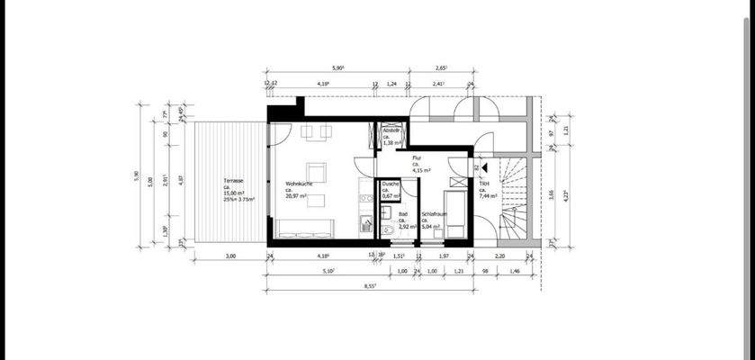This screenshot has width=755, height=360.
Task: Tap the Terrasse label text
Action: (x=235, y=183)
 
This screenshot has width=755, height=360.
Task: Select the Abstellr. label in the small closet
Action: (x=391, y=130)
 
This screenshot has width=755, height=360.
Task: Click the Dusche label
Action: (x=391, y=184)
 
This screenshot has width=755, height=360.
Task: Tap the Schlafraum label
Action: (x=435, y=214)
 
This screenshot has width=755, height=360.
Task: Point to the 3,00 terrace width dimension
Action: (x=230, y=256)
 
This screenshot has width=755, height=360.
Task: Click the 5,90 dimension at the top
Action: (x=338, y=68)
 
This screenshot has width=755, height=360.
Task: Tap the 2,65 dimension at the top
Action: (x=442, y=68)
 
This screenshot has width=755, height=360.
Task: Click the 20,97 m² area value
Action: (x=298, y=195)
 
